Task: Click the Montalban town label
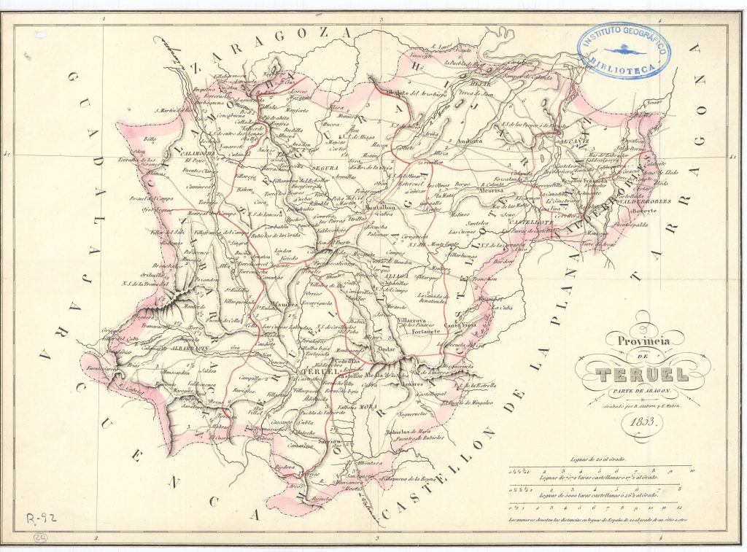380,208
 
